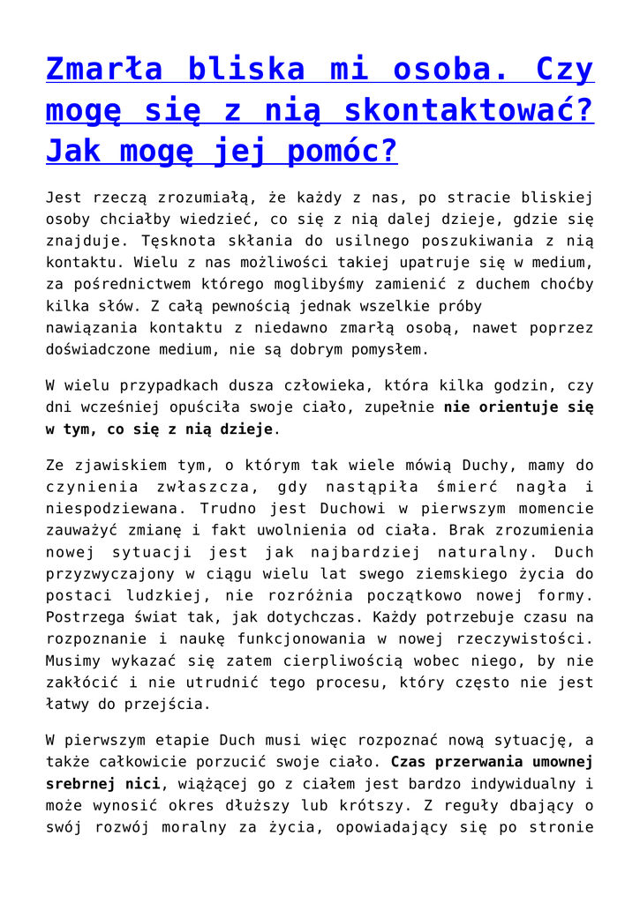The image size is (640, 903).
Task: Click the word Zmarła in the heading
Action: coord(104,69)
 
